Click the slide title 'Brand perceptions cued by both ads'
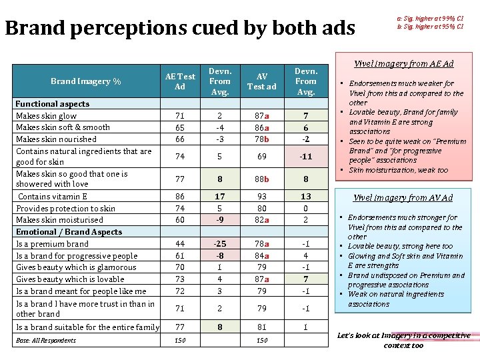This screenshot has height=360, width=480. [180, 28]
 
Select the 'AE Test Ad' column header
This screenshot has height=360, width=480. [179, 81]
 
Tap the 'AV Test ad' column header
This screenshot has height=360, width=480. [261, 81]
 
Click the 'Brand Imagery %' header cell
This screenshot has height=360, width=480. [85, 81]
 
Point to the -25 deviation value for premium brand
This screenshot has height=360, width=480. [220, 244]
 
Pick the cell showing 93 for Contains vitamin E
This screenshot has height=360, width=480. [261, 197]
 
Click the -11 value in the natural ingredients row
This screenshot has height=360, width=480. [306, 157]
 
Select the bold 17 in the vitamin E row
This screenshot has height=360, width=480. [220, 197]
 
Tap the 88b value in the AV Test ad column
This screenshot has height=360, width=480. [261, 179]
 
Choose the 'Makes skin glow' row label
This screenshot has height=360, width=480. [46, 116]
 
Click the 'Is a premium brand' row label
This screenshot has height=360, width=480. [52, 244]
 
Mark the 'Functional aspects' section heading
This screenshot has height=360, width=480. [52, 104]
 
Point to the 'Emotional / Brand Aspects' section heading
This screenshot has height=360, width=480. [69, 232]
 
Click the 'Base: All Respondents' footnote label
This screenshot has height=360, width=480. [46, 341]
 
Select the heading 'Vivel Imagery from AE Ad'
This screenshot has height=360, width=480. [403, 64]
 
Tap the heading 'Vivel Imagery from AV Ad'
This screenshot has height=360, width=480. [403, 197]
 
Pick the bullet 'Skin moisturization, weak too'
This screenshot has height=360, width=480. [399, 170]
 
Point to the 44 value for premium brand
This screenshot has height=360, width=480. [179, 244]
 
